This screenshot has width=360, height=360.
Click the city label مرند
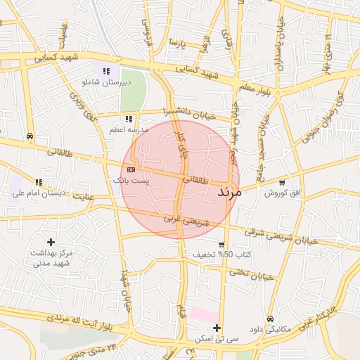230,191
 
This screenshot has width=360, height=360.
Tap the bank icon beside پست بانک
131,169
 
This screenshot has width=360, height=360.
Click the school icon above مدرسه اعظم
128,120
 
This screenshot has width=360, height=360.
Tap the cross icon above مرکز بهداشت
51,242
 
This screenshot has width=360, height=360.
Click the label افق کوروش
282,193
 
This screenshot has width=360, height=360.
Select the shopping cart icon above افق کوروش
282,182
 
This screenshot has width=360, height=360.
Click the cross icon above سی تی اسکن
217,328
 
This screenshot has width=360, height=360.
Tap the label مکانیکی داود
270,329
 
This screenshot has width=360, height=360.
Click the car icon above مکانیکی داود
270,318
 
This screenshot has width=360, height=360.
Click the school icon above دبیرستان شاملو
107,71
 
